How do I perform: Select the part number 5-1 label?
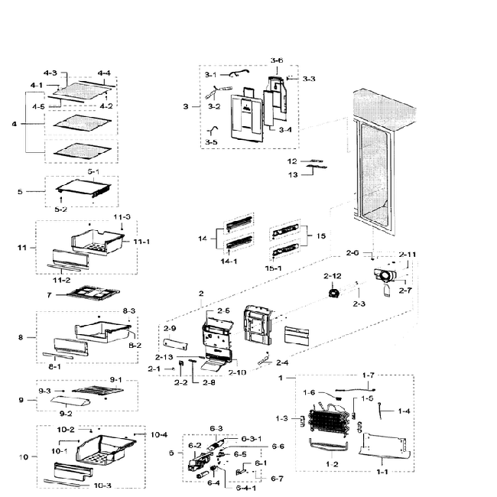click(94, 173)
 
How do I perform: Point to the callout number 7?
click(48, 294)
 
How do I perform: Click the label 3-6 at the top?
click(277, 60)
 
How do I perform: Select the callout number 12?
click(291, 161)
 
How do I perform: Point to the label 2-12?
click(331, 275)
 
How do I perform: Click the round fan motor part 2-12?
click(333, 294)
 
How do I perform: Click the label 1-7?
click(369, 375)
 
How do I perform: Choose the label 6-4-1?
click(246, 489)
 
